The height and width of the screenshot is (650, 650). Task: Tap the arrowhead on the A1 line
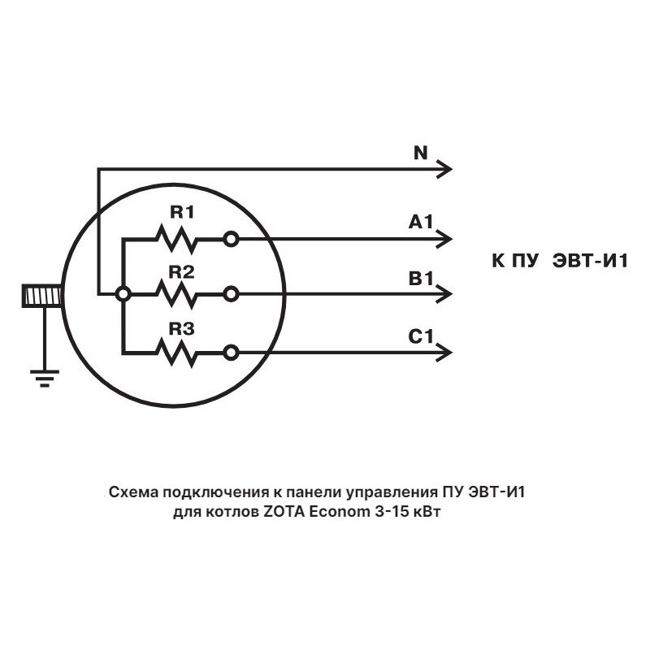(x=444, y=239)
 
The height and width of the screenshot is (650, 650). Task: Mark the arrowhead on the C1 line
(x=444, y=352)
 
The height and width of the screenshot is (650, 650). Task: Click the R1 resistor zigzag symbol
(x=177, y=239)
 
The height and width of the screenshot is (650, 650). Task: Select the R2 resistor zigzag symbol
(x=177, y=294)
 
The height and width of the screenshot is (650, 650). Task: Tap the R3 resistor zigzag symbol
(x=177, y=352)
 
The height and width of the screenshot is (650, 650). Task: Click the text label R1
(x=181, y=213)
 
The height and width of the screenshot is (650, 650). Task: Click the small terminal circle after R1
(x=232, y=239)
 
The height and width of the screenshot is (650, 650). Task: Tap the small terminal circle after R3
(x=232, y=352)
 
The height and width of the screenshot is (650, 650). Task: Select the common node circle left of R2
(x=123, y=294)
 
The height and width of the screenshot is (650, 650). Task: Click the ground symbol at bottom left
(x=44, y=378)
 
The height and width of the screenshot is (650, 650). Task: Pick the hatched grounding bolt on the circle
(x=42, y=295)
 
